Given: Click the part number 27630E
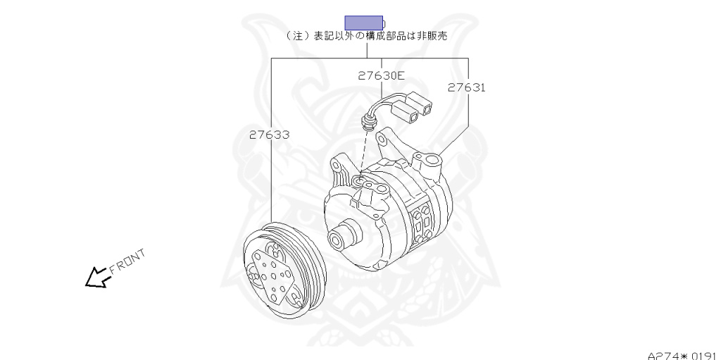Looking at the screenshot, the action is [382, 75].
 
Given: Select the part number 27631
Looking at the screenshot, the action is [467, 87].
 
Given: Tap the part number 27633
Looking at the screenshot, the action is [270, 135].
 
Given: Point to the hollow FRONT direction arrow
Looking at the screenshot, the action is [97, 278].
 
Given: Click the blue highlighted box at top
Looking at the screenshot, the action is [364, 23].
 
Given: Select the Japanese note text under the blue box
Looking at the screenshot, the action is [366, 36].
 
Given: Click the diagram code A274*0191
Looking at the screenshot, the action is [684, 356].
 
